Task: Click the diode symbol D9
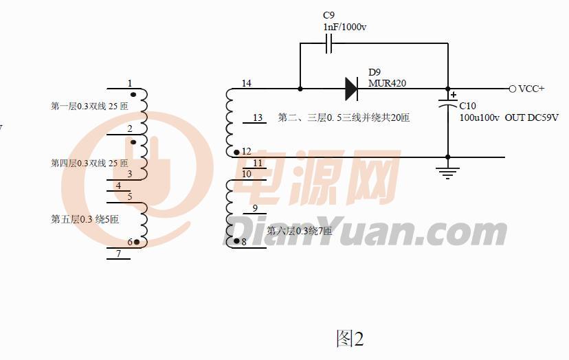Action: [x=351, y=88]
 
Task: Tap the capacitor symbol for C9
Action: [x=328, y=45]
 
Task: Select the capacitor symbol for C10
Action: [x=448, y=106]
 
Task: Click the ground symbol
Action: [x=448, y=171]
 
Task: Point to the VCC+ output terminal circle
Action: [x=512, y=89]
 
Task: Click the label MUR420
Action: [x=387, y=83]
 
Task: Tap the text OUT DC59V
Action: [x=531, y=117]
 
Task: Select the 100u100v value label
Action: [x=479, y=117]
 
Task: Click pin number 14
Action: [x=246, y=83]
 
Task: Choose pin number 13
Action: [x=258, y=117]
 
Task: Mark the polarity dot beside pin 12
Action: [x=236, y=152]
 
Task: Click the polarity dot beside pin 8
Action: [x=236, y=241]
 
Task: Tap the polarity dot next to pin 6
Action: [x=136, y=242]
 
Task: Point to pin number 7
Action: [x=118, y=254]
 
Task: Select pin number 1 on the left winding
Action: [x=129, y=84]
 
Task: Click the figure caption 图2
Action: [x=349, y=338]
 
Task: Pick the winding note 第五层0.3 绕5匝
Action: [x=85, y=219]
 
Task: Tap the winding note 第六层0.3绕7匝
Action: [x=299, y=231]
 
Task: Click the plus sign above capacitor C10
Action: [x=454, y=95]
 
